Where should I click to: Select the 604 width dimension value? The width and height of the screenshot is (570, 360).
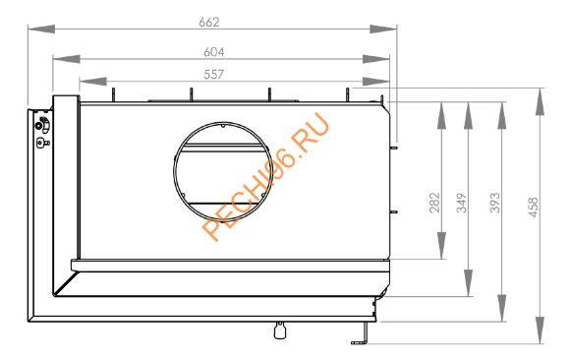[x=214, y=50]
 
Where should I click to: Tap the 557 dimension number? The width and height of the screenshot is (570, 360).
[x=214, y=74]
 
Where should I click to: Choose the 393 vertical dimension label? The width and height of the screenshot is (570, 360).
[x=495, y=202]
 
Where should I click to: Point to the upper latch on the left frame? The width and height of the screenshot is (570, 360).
[x=42, y=124]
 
